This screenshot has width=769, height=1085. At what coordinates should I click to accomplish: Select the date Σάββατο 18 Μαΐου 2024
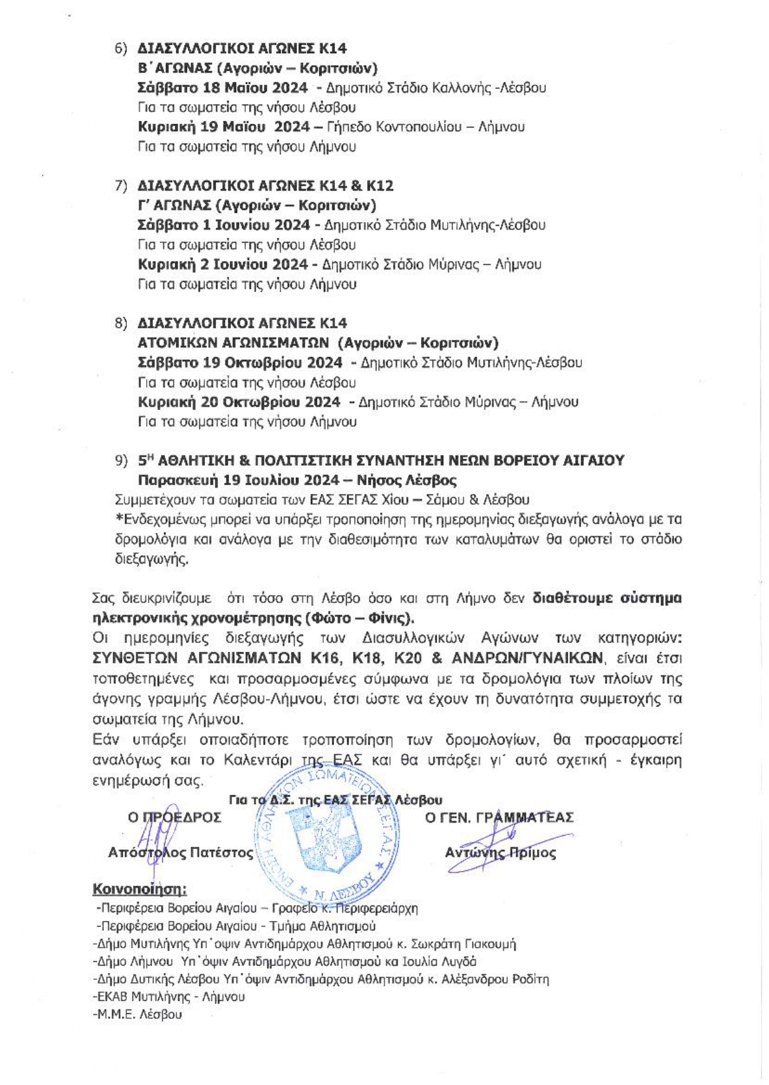pos(222,88)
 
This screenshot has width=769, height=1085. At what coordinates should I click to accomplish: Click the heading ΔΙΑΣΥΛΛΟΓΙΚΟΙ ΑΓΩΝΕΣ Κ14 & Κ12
pos(265,186)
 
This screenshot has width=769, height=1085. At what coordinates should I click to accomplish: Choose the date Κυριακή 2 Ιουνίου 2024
pos(222,264)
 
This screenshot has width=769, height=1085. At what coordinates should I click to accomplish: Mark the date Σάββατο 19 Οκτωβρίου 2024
pos(240,362)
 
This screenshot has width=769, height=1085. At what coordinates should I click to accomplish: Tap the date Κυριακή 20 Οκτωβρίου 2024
pos(239,402)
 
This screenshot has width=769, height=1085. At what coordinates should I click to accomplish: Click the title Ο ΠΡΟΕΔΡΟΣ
pos(175,818)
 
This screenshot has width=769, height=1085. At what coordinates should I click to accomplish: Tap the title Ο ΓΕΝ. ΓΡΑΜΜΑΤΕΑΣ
pos(499,818)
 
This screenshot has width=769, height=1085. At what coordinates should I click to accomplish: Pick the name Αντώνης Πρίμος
pos(500,853)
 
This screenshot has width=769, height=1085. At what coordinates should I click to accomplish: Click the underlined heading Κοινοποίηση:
pos(139,889)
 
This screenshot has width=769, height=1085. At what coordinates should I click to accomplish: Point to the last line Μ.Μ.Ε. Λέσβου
pos(137,1014)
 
